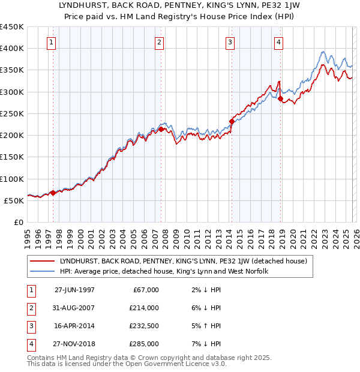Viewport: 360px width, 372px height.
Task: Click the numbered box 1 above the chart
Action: pyautogui.click(x=52, y=42)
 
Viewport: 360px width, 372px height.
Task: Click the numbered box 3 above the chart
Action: pyautogui.click(x=230, y=42)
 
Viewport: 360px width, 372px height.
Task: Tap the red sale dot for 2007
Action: pyautogui.click(x=161, y=128)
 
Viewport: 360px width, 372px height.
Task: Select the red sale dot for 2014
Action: pyautogui.click(x=232, y=121)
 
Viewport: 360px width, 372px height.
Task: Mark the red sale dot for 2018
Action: pyautogui.click(x=281, y=98)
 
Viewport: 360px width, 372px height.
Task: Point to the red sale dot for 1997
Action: pyautogui.click(x=53, y=193)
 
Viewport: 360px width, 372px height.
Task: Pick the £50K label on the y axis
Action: pyautogui.click(x=14, y=200)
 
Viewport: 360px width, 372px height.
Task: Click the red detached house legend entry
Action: pyautogui.click(x=183, y=261)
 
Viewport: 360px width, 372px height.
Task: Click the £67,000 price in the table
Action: pyautogui.click(x=145, y=290)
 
